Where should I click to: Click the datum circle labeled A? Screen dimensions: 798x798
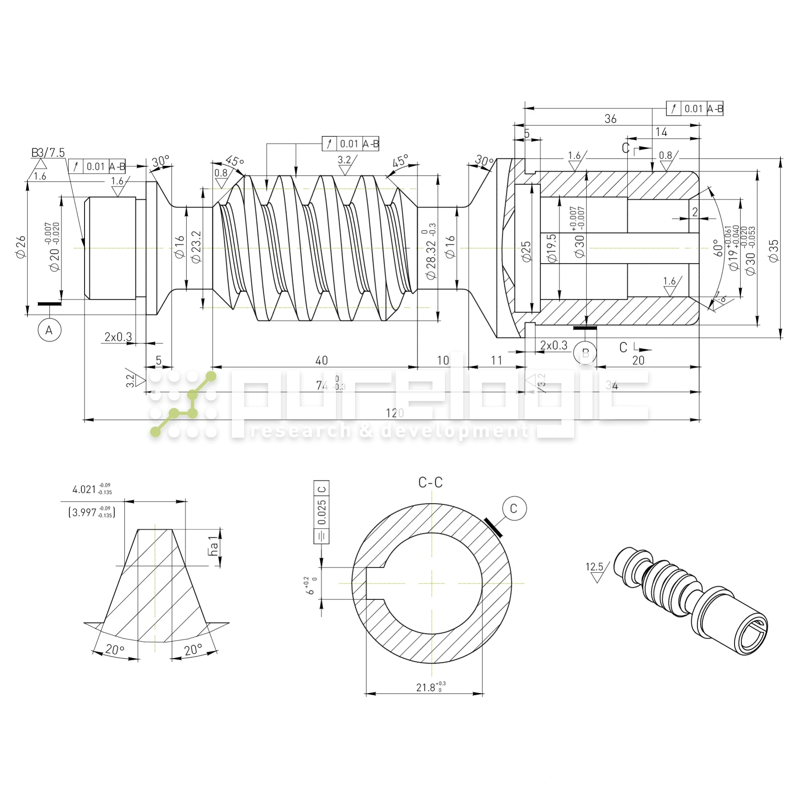(49, 330)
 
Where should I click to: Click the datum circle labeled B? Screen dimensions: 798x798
(585, 353)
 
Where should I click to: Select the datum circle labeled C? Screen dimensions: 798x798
(514, 508)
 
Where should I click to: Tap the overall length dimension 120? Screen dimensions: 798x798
(395, 413)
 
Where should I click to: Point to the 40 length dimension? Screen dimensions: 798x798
(321, 361)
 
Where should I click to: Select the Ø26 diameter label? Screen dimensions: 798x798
(21, 247)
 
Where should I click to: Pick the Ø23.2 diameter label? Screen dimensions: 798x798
(196, 247)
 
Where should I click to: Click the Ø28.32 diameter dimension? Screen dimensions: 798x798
(431, 252)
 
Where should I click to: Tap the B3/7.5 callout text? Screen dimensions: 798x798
(48, 153)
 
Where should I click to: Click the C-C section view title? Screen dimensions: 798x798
(431, 482)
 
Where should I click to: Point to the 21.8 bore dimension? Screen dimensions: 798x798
(430, 687)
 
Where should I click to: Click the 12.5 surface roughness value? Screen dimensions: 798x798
(594, 567)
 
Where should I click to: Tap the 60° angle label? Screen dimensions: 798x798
(718, 248)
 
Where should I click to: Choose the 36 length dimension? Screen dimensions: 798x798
(610, 119)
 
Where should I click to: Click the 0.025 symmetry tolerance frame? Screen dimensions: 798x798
(321, 512)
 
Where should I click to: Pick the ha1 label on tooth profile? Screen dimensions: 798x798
(213, 546)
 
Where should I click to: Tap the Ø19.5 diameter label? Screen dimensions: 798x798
(552, 248)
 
